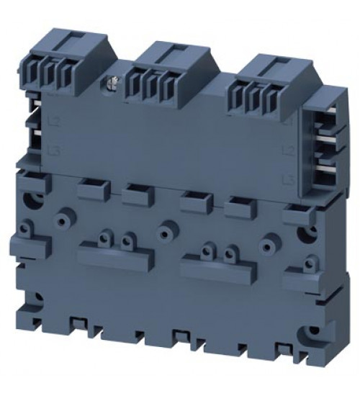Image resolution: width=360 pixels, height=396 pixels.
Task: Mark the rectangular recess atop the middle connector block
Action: click(172, 53)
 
